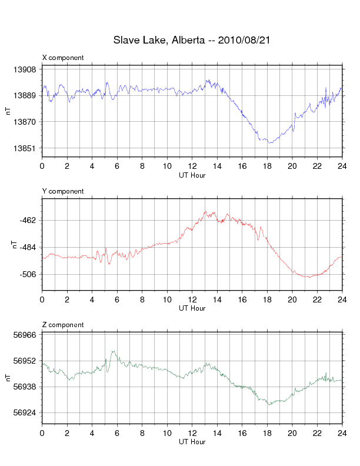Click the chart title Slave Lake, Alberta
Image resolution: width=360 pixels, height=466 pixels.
click(158, 41)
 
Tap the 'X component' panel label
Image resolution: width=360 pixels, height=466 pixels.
click(63, 58)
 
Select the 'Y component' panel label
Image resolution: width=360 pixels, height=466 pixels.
click(63, 191)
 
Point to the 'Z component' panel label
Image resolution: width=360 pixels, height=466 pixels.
click(63, 325)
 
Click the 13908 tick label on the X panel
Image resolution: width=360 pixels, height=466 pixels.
click(24, 69)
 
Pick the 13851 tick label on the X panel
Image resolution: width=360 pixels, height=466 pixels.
click(24, 148)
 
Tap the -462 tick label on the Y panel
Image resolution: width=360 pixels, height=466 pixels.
click(27, 220)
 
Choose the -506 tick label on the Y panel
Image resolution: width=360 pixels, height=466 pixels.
click(27, 274)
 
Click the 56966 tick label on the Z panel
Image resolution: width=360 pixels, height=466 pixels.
click(24, 334)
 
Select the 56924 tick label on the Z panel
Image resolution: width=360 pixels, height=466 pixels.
click(24, 413)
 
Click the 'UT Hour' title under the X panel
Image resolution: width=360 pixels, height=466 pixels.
click(192, 175)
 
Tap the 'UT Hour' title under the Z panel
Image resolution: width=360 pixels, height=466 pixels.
click(192, 442)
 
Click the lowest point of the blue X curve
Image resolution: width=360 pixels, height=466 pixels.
click(269, 143)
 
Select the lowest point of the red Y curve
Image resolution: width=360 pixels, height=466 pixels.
click(309, 277)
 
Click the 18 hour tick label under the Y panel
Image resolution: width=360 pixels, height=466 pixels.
click(268, 300)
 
